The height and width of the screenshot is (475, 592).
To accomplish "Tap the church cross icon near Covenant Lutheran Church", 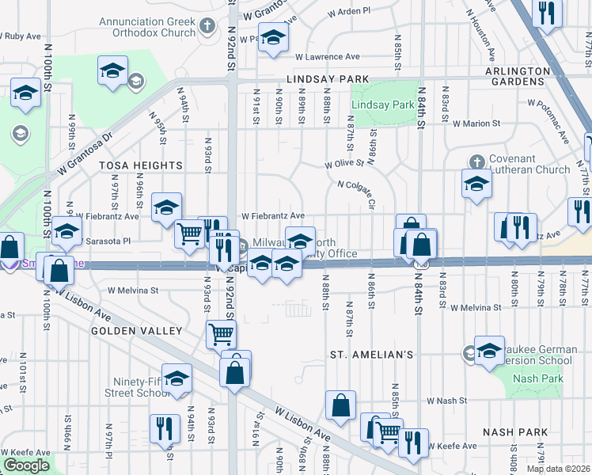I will [x=476, y=161].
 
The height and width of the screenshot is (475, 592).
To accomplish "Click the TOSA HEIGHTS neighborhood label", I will [x=141, y=165].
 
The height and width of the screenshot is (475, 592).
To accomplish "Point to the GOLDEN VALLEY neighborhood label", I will [x=136, y=330].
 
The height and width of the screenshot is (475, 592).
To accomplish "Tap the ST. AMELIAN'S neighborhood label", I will [x=372, y=355].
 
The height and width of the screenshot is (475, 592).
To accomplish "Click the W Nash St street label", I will [x=447, y=401].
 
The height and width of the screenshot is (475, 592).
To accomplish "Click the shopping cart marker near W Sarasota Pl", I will [x=190, y=234].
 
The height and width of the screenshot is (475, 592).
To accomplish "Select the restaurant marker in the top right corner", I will [x=546, y=12].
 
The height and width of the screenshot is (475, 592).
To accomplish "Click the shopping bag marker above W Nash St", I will [x=340, y=405].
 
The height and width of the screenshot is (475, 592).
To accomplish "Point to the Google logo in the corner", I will [x=26, y=465].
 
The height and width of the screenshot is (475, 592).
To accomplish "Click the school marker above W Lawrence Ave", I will [x=273, y=37].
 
